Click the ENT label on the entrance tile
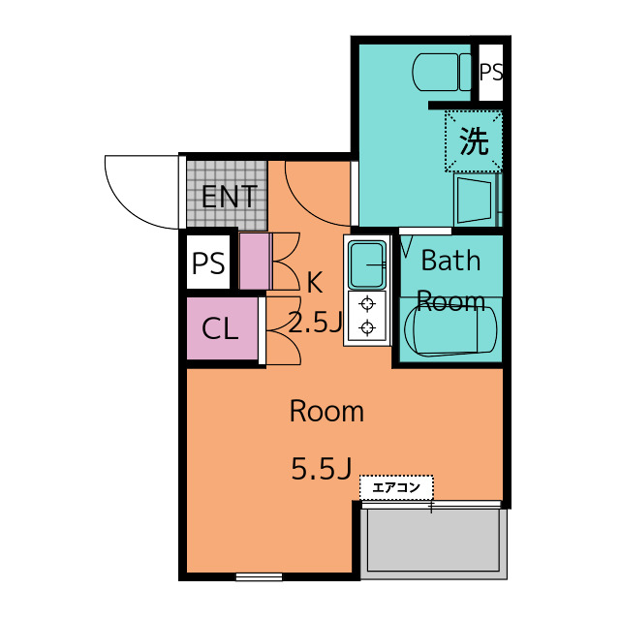tap(229, 198)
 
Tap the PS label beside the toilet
tap(491, 73)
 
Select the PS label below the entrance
tap(208, 263)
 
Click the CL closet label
tap(220, 329)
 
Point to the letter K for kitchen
tap(314, 283)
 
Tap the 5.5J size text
tap(321, 470)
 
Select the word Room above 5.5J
tap(326, 412)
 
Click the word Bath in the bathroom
tap(450, 261)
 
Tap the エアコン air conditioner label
tap(396, 487)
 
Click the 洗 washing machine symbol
tap(474, 141)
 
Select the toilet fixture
tap(441, 72)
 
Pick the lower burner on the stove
tap(367, 327)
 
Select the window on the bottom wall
tap(259, 577)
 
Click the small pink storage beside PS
tap(254, 262)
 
